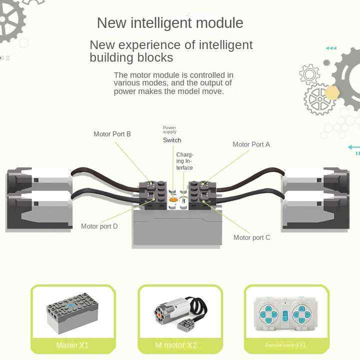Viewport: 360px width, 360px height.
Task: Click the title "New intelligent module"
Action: click(170, 23)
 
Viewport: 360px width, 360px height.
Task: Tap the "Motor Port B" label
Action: click(112, 134)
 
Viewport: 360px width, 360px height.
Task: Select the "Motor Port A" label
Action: click(251, 144)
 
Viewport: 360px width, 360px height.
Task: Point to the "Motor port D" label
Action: click(99, 226)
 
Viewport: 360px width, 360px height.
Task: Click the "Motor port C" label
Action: click(251, 237)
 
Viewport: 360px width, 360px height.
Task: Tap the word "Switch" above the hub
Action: click(172, 140)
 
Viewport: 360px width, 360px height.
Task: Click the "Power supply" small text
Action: click(169, 130)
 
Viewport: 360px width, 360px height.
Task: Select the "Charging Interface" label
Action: click(184, 161)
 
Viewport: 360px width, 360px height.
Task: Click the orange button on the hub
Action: click(173, 199)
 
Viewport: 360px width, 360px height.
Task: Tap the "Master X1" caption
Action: click(73, 345)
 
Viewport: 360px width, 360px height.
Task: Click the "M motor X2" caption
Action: click(176, 345)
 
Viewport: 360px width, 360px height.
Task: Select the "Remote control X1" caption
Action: click(285, 345)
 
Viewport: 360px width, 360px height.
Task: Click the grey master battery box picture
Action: click(72, 313)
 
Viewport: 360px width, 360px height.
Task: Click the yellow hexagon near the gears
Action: click(331, 92)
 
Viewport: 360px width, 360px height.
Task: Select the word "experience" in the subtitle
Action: click(155, 45)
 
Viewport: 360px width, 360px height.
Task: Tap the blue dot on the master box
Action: click(71, 303)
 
